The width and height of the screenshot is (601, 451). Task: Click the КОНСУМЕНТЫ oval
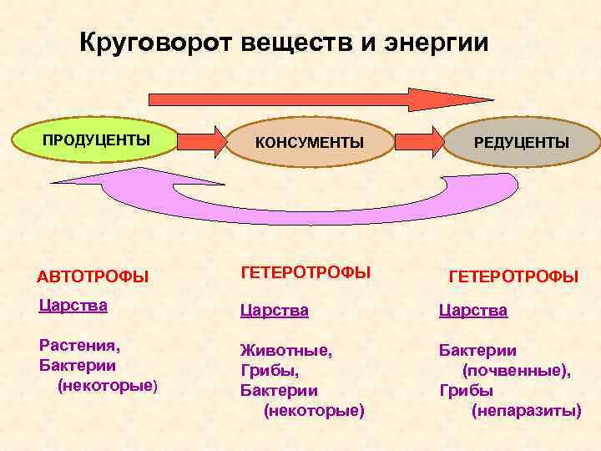309,143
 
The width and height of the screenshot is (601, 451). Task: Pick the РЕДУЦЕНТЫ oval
522,143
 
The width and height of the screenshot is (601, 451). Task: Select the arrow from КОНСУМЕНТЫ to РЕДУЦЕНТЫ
417,142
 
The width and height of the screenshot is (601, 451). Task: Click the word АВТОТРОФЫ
93,276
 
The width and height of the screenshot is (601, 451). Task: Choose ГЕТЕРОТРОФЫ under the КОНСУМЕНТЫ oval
306,272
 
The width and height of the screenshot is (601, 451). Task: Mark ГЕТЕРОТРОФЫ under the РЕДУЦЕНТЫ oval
513,276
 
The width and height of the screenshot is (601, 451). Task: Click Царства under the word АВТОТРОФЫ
73,306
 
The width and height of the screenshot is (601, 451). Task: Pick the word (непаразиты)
527,410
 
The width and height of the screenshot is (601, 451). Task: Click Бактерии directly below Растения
78,365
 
